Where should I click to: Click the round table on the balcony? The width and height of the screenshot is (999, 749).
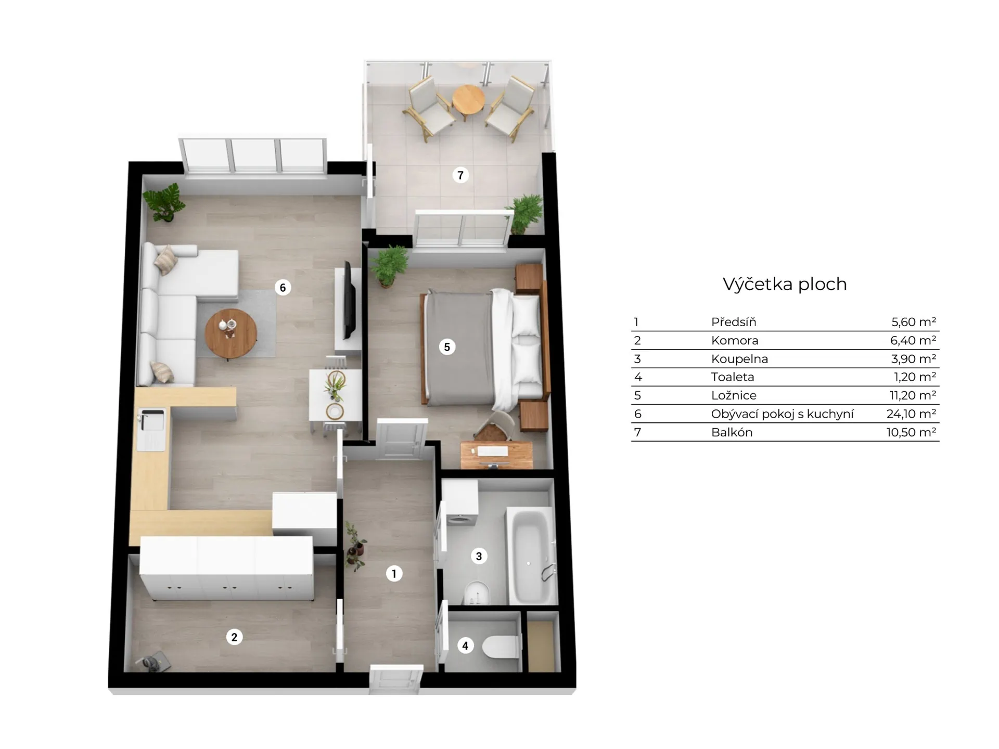(x=468, y=100)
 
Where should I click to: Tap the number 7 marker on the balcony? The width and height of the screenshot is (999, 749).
(x=460, y=175)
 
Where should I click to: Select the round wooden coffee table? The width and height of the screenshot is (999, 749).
(x=230, y=334)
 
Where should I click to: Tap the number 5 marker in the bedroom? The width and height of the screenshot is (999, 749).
(x=447, y=347)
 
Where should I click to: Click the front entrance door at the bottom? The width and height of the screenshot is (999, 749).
(x=395, y=678)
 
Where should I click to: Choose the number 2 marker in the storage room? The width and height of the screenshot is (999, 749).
(x=234, y=637)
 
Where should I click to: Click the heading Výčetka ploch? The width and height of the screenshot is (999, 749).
(x=785, y=284)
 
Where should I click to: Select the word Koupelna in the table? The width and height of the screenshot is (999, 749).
(x=739, y=359)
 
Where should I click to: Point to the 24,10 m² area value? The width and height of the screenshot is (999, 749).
(x=912, y=414)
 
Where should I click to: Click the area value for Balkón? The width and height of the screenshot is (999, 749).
(x=912, y=432)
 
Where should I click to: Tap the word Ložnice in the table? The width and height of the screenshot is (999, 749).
(x=734, y=395)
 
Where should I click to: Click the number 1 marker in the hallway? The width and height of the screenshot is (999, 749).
(x=394, y=574)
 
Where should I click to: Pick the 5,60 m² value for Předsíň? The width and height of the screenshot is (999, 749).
(x=914, y=322)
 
